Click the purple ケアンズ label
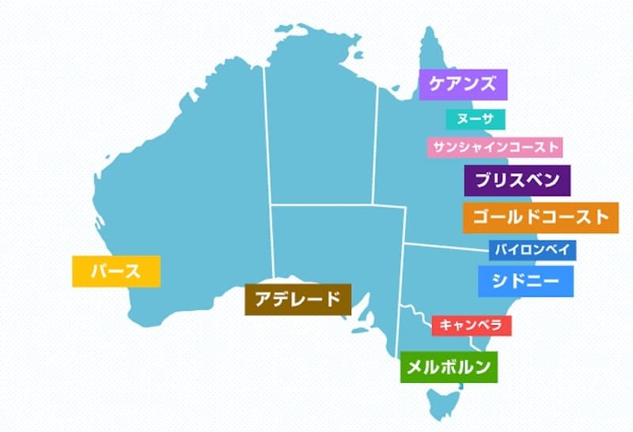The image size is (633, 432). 462,85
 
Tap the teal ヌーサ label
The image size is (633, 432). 475,119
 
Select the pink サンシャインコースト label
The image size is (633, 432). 494,147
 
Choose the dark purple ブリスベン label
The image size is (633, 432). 517,180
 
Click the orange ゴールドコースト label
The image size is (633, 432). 540,218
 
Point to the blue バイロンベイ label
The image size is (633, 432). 532,250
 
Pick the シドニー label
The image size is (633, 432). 525,281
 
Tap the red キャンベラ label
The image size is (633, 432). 472,325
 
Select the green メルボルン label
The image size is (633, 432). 448,366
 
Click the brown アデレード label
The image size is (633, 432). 297,299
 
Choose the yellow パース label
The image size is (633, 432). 116,271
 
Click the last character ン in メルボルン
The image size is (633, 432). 483,366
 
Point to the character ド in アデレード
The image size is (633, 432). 332,299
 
